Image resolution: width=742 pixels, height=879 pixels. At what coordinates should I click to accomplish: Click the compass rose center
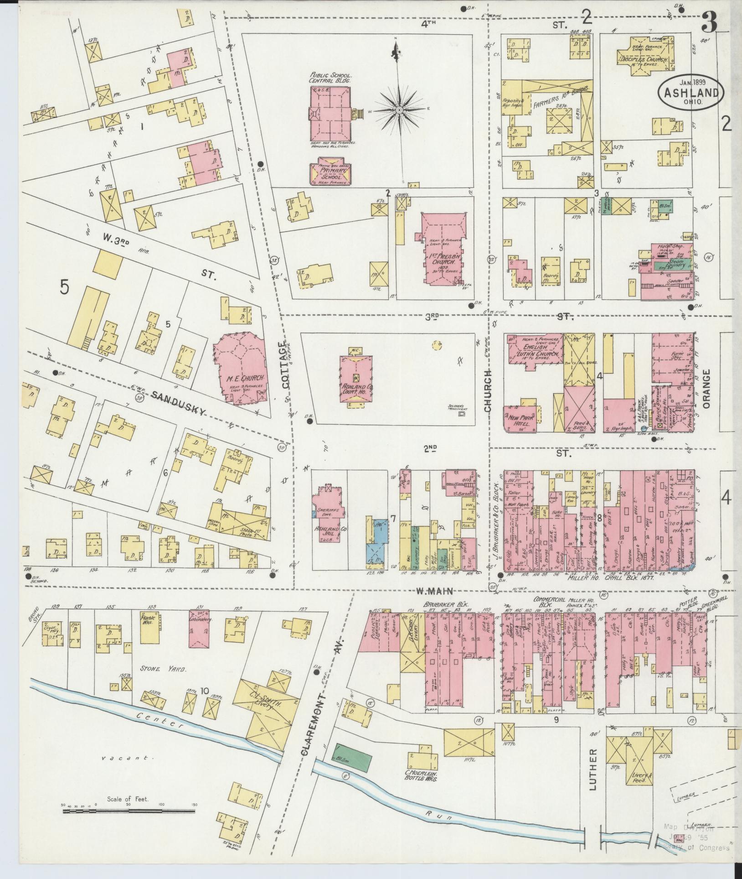click(x=399, y=110)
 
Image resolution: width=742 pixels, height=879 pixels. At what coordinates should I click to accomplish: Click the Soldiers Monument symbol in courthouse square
click(x=462, y=414)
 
